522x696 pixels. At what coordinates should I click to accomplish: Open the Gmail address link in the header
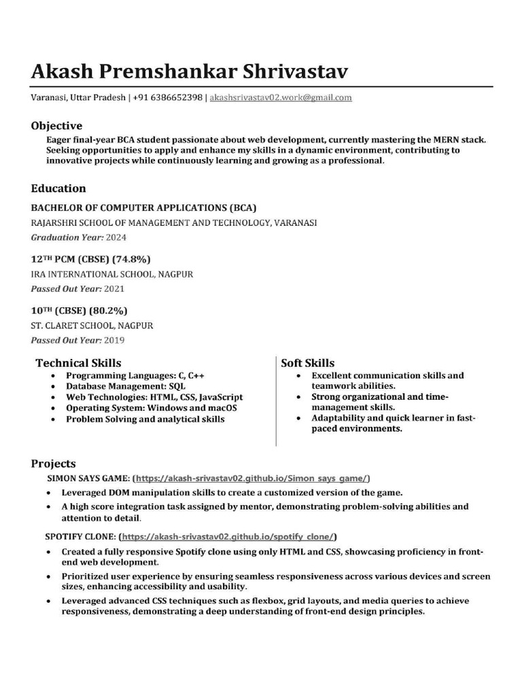click(281, 98)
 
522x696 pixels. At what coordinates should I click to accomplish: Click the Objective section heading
click(56, 126)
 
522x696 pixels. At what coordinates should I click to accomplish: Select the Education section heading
click(58, 188)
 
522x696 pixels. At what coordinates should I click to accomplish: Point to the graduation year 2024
click(116, 238)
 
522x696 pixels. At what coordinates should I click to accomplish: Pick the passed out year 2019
click(114, 340)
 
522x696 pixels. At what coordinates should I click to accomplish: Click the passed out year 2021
click(114, 289)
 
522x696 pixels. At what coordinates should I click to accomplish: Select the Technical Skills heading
click(78, 363)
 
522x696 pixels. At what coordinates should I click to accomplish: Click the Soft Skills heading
click(308, 363)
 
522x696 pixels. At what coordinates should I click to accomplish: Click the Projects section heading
click(53, 464)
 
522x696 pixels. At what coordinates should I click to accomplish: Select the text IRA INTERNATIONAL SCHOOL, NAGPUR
click(112, 275)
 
